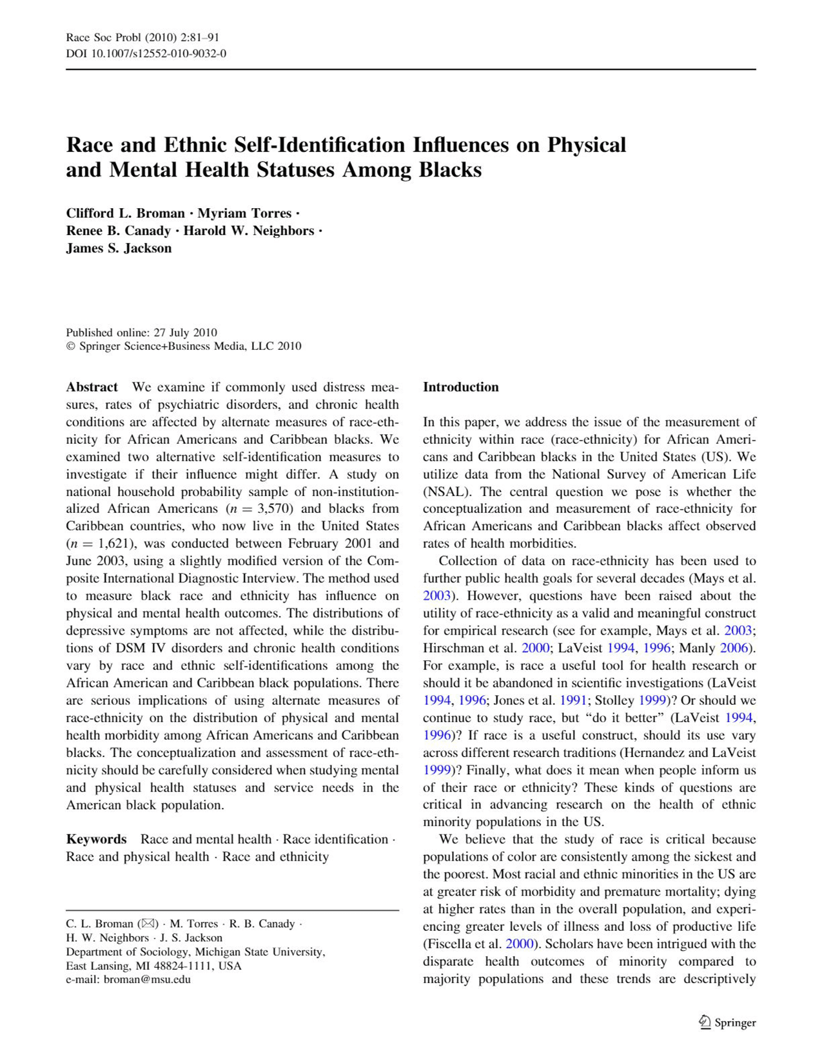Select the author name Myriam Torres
pyautogui.click(x=244, y=213)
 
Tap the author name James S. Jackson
pyautogui.click(x=119, y=249)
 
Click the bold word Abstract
pyautogui.click(x=92, y=387)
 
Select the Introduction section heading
pyautogui.click(x=460, y=387)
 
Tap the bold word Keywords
pyautogui.click(x=96, y=839)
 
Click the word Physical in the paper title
pyautogui.click(x=587, y=145)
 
